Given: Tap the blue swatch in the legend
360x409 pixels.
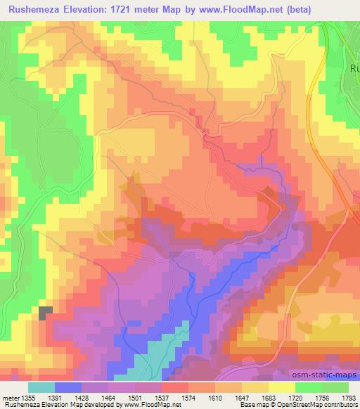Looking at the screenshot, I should tap(68, 387).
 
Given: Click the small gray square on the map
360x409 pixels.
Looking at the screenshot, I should tap(46, 313).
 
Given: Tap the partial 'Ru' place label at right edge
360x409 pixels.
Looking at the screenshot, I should tap(354, 69).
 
